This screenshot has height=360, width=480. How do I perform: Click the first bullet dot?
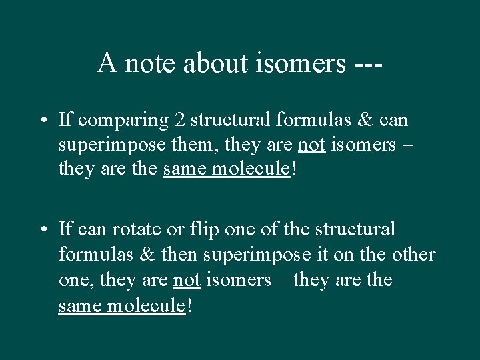(42, 121)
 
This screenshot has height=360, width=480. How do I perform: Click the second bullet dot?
(42, 230)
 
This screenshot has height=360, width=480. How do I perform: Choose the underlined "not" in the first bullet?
(311, 145)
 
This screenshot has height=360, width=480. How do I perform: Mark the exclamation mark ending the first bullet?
(294, 169)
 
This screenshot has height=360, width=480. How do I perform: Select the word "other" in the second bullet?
(414, 255)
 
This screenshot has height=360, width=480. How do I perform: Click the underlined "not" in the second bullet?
(187, 279)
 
